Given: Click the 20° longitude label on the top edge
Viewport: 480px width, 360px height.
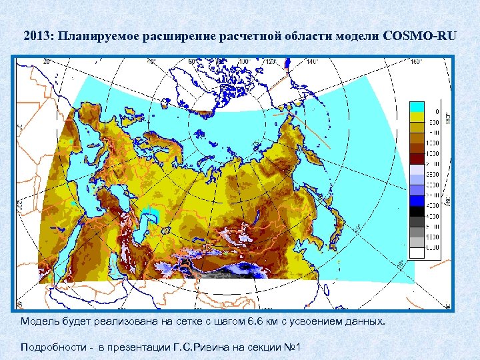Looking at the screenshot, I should tap(47, 61).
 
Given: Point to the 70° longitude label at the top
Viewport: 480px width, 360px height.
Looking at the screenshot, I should tap(152, 61).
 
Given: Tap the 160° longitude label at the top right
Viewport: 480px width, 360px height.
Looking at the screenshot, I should tap(416, 61).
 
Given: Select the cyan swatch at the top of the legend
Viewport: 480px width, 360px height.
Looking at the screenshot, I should tap(417, 107).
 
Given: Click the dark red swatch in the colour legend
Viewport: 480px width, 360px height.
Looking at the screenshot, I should tap(417, 158).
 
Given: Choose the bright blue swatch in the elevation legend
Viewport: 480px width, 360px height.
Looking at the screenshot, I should tap(417, 199).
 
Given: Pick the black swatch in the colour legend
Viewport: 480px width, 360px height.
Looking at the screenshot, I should tap(417, 210).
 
